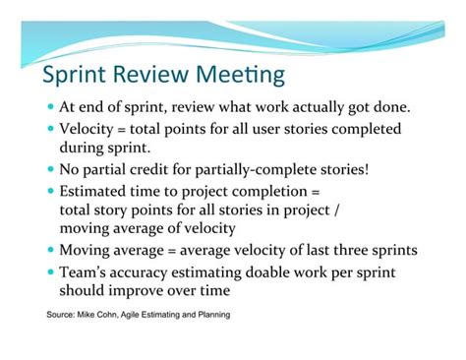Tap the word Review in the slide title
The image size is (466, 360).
pos(157,76)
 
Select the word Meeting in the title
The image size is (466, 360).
pos(243,76)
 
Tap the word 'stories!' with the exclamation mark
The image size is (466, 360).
pos(342,169)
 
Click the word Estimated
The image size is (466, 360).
pos(98,190)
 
